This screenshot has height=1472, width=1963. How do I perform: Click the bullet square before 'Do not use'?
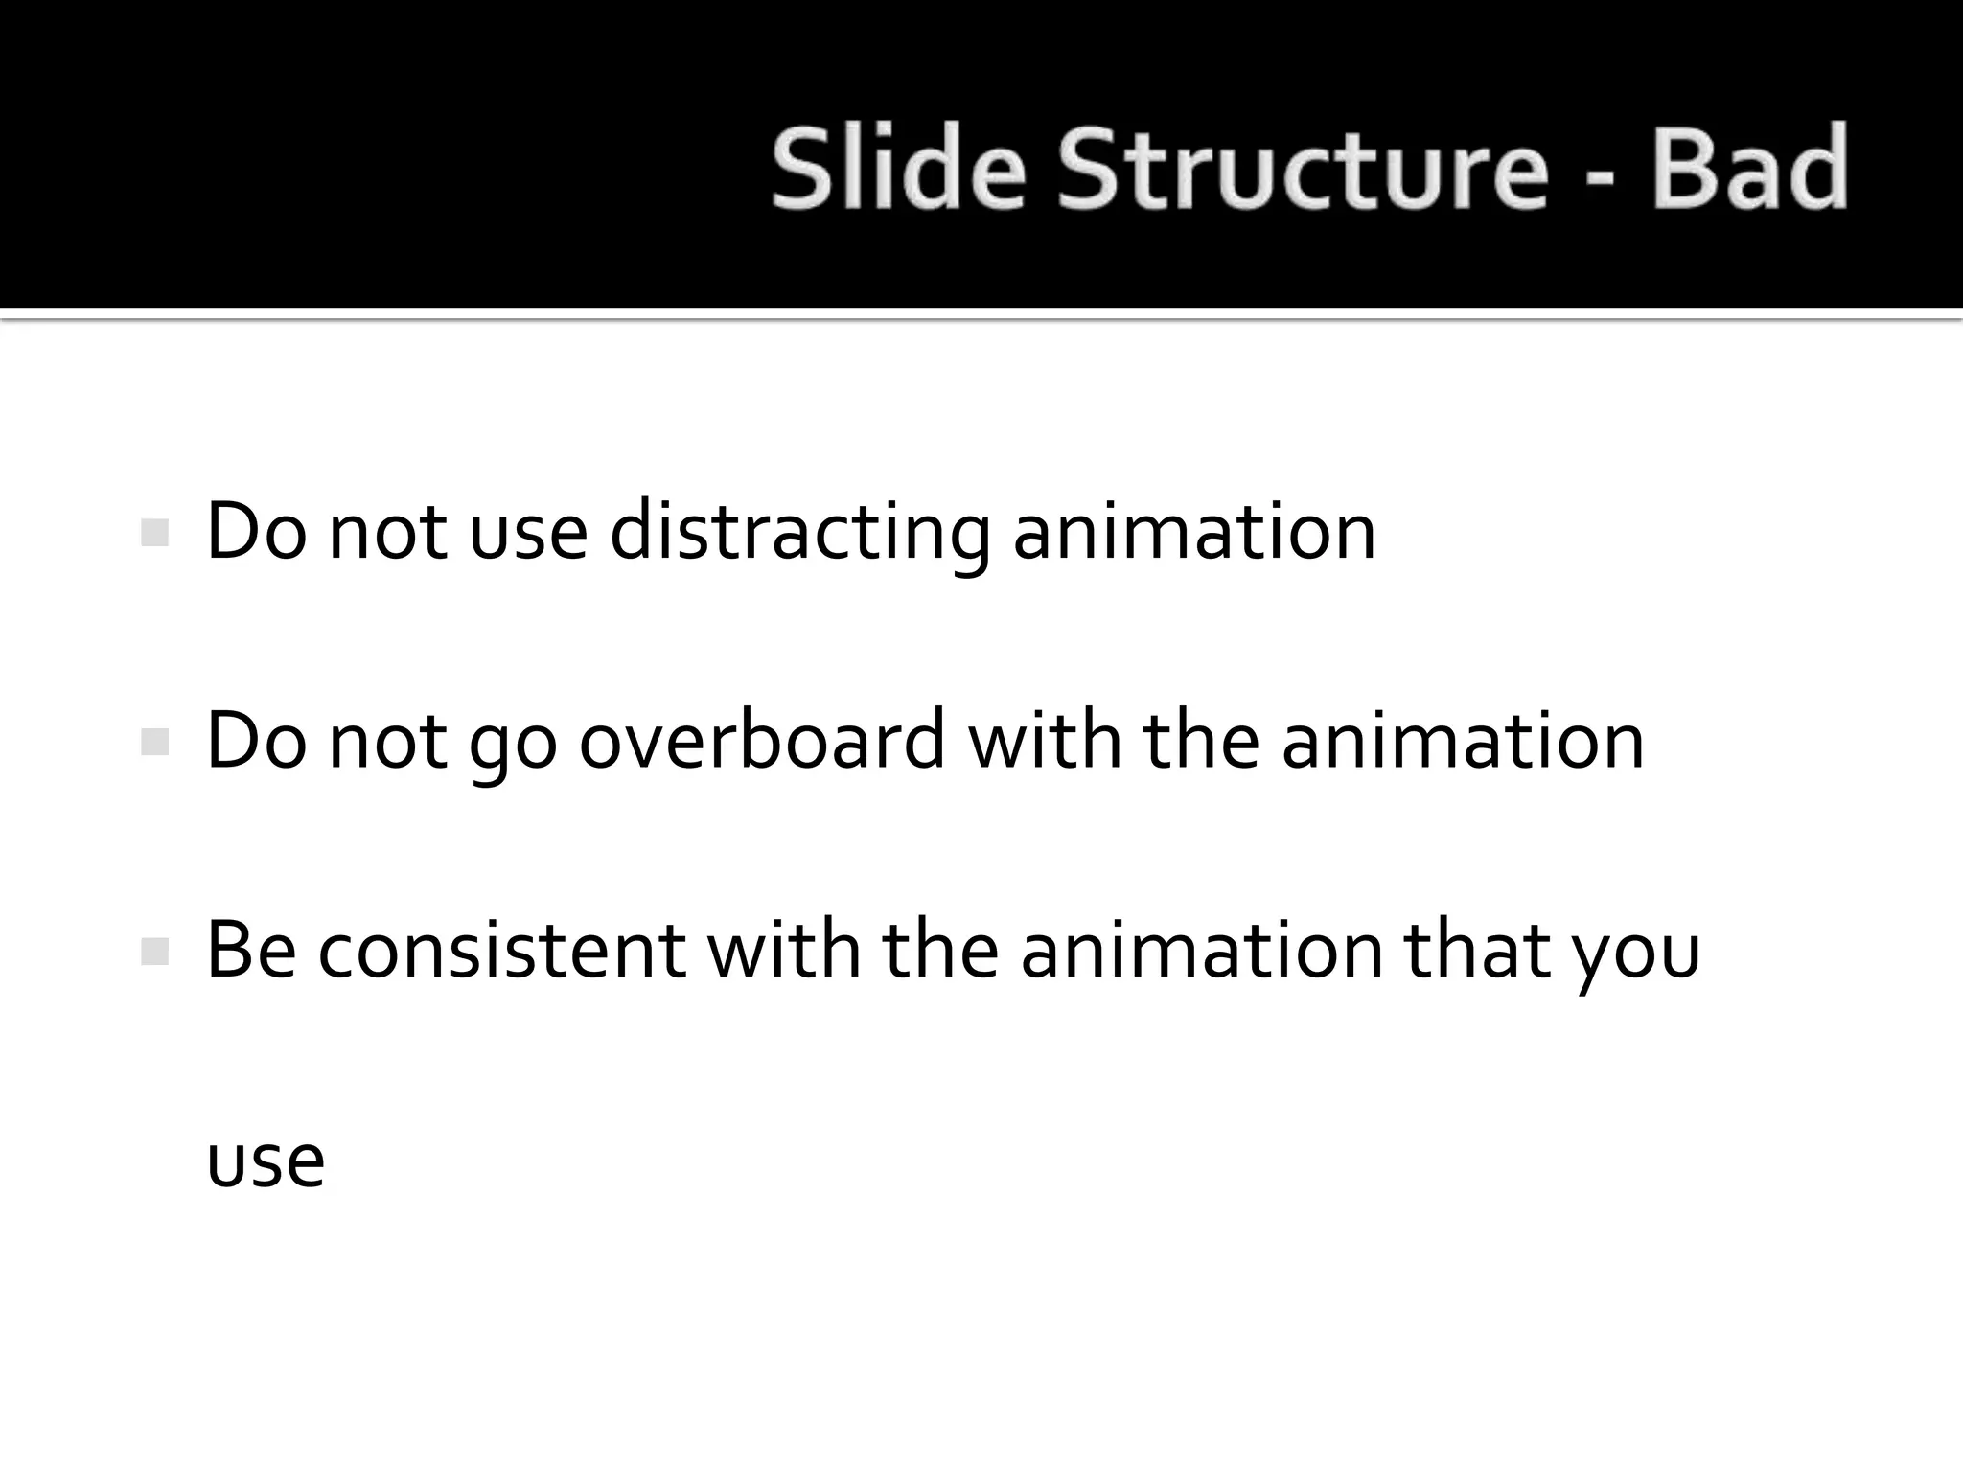click(x=154, y=533)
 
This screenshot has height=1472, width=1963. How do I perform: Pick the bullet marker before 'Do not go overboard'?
click(x=154, y=742)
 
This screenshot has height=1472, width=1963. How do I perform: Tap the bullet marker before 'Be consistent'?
click(x=154, y=952)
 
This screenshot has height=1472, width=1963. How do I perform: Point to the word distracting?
click(x=799, y=533)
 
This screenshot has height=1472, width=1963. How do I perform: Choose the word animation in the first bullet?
click(x=1194, y=533)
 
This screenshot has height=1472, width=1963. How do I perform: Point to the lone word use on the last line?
click(x=266, y=1161)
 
